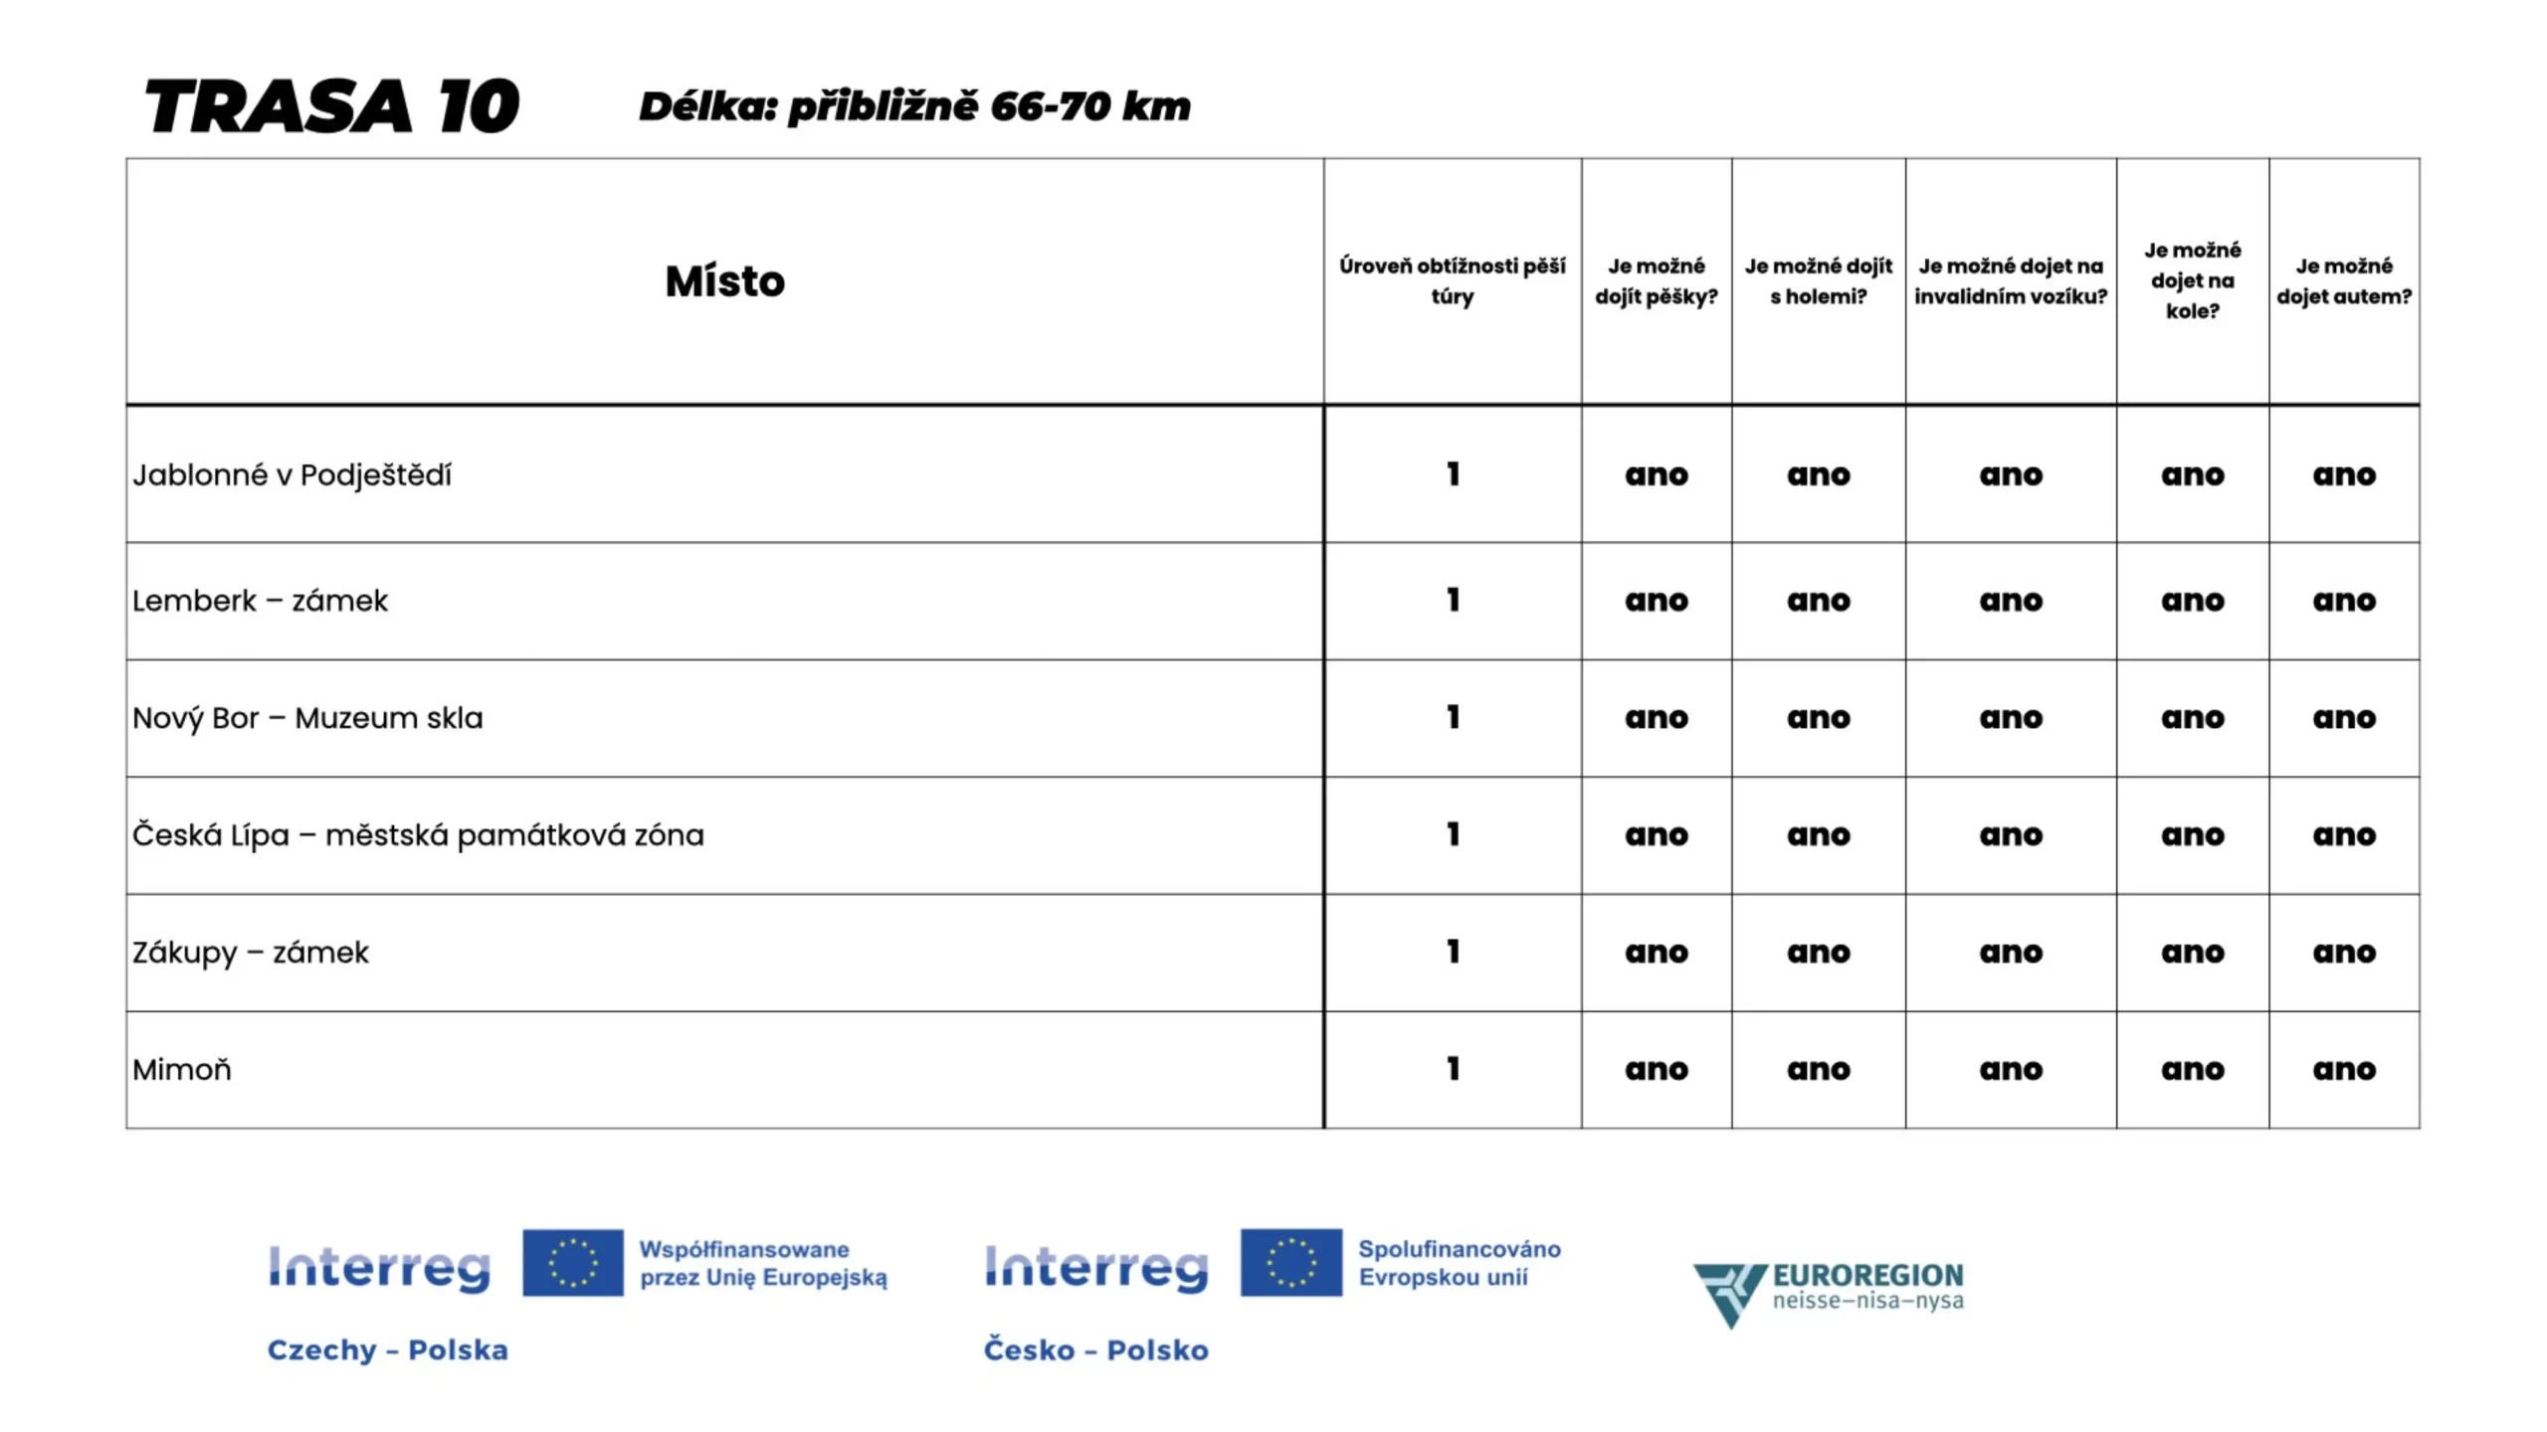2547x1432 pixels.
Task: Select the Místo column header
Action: tap(724, 281)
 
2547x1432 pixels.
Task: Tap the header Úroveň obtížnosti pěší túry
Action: tap(1452, 280)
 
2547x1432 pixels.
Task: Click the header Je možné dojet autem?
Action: tap(2343, 280)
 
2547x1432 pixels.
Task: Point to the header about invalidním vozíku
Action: tap(2010, 280)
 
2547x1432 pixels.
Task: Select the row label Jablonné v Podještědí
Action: tap(292, 475)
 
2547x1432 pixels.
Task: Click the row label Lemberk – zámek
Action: tap(260, 601)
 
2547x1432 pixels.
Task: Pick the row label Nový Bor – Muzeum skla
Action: tap(307, 718)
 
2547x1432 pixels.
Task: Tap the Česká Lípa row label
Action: tap(418, 835)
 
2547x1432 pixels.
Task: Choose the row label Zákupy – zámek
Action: tap(251, 953)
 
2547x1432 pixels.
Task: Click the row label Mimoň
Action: tap(182, 1070)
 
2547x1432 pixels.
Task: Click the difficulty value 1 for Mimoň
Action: tap(1453, 1069)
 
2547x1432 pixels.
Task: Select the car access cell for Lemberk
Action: tap(2343, 601)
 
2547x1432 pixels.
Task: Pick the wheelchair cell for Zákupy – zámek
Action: tap(2010, 953)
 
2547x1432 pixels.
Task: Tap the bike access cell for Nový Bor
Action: tap(2192, 718)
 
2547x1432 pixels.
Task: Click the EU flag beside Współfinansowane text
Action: tap(573, 1262)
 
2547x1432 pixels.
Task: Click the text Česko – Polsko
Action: tap(1095, 1349)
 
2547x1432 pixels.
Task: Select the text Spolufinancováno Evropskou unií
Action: tap(1459, 1262)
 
